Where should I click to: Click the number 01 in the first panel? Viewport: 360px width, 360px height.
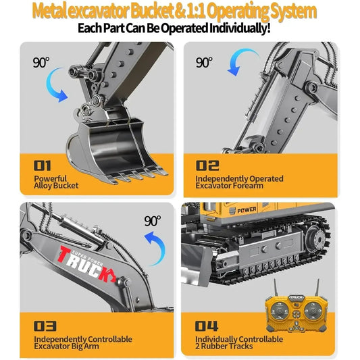tap(43, 164)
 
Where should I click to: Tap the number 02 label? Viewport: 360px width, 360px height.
tap(207, 164)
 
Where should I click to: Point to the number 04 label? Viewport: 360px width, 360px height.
tap(208, 325)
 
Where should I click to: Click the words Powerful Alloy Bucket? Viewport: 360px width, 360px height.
tap(56, 182)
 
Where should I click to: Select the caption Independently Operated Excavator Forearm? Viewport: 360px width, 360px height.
tap(239, 182)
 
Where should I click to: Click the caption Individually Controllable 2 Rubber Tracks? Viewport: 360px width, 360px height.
tap(239, 343)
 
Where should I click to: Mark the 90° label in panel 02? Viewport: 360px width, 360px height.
tap(204, 62)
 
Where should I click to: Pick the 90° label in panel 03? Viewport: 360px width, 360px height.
tap(153, 220)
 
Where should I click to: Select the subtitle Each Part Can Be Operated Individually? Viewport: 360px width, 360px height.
tap(174, 29)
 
